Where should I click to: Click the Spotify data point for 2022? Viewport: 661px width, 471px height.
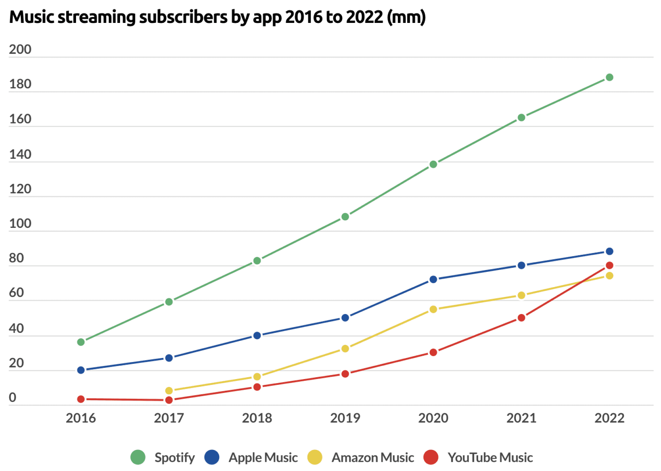click(x=609, y=77)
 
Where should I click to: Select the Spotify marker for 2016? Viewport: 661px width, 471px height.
click(x=81, y=342)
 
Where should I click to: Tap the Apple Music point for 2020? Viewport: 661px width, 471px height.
click(x=433, y=279)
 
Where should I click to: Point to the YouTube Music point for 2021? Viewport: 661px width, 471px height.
click(x=521, y=318)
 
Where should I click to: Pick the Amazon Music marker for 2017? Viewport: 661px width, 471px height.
click(x=169, y=391)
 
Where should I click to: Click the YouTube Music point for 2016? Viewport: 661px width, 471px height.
click(x=81, y=399)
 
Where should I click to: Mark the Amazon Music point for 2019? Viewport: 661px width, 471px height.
click(x=345, y=349)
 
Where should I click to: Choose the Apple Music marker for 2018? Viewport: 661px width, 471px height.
click(x=257, y=335)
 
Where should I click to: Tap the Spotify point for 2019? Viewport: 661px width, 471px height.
click(x=345, y=217)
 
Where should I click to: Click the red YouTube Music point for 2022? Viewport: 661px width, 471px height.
click(x=609, y=265)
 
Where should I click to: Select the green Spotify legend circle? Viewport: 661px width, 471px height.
click(x=138, y=457)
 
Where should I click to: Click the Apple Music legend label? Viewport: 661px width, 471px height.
click(x=263, y=457)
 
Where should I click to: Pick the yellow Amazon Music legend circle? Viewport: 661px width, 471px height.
click(x=315, y=457)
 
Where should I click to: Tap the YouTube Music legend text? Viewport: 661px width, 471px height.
click(x=490, y=457)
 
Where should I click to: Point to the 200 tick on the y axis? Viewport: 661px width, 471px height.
click(x=20, y=49)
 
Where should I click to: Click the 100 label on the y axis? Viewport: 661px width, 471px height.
click(x=20, y=224)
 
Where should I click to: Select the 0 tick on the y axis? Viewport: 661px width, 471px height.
click(x=13, y=397)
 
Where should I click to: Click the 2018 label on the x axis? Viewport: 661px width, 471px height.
click(x=257, y=418)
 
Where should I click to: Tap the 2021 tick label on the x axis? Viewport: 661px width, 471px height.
click(x=521, y=418)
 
